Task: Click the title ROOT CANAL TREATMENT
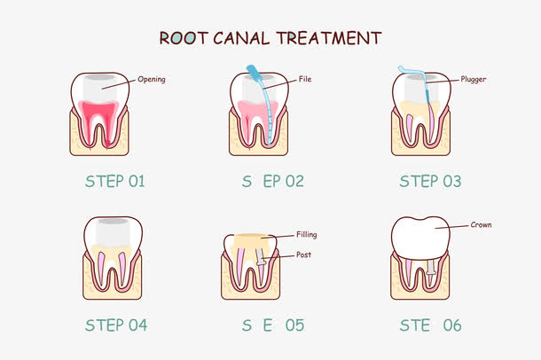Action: coord(270,38)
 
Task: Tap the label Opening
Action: coord(152,79)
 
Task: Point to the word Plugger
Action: coord(474,79)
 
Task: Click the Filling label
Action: coord(307,235)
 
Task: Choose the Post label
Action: coord(303,254)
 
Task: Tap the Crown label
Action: coord(481,225)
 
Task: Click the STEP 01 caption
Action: coord(114,182)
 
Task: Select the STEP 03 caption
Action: coord(430,182)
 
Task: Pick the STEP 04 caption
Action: coord(116,325)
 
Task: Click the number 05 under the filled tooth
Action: coord(294,325)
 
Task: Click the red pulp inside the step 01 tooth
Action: coord(101,115)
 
